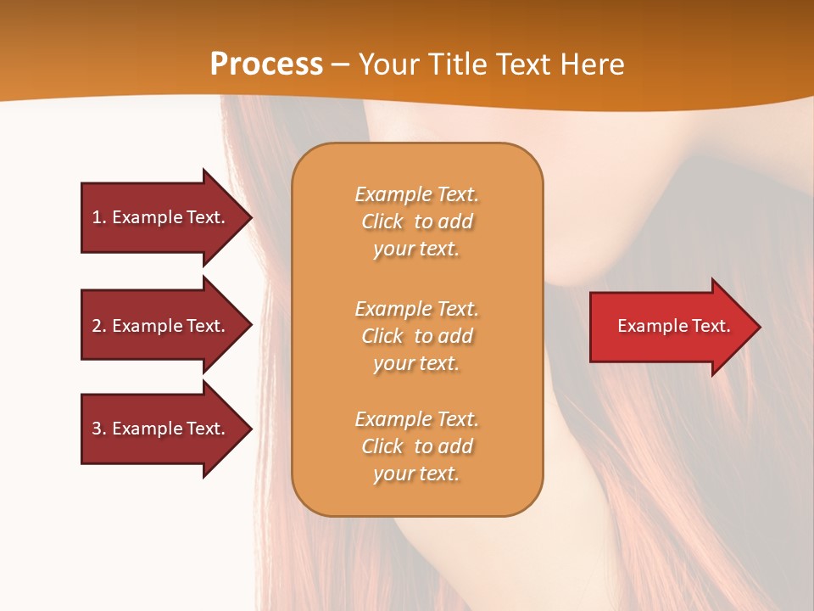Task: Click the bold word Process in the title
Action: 266,64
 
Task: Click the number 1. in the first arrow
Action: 99,217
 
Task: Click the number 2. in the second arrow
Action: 99,326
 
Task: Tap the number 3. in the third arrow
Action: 99,429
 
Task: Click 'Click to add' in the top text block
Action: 416,221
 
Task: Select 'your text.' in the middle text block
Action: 416,363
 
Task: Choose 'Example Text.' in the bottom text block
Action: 416,419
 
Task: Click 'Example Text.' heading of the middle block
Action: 416,309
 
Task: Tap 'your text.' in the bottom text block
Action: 416,474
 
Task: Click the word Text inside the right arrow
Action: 711,326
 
